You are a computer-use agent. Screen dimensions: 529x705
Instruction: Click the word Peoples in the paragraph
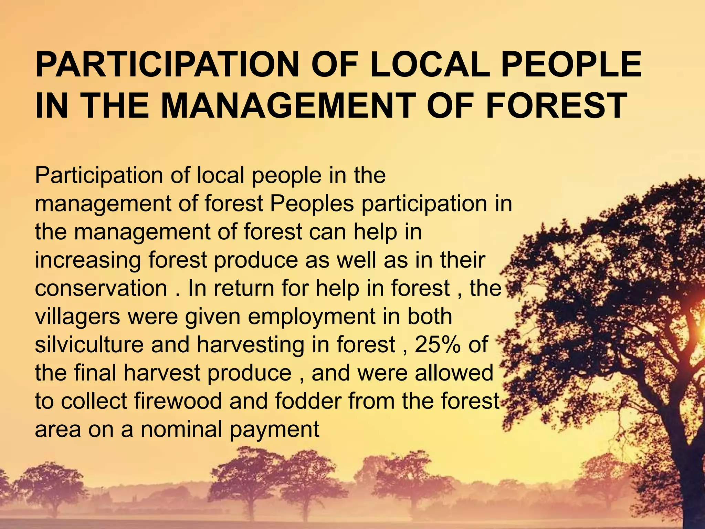(312, 204)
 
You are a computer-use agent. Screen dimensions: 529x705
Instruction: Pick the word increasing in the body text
(88, 260)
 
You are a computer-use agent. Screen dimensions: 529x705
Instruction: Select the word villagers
(77, 317)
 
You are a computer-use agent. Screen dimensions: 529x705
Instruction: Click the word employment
(312, 317)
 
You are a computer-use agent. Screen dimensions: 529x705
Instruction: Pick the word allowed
(454, 373)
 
